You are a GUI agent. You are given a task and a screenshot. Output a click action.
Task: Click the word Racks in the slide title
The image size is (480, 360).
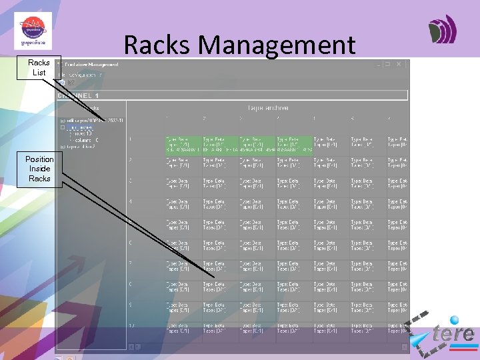[x=157, y=45]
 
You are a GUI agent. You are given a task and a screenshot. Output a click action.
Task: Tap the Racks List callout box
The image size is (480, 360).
[x=39, y=67]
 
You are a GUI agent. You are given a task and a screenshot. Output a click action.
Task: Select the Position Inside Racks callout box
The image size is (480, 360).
[x=39, y=169]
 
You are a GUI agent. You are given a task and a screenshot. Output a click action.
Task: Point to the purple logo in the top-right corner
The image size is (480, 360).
[x=443, y=29]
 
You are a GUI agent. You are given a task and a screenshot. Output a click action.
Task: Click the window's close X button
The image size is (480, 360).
[x=399, y=65]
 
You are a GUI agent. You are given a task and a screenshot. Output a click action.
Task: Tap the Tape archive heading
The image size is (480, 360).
[x=268, y=107]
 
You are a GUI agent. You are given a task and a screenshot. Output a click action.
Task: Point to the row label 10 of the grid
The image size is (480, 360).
[x=131, y=326]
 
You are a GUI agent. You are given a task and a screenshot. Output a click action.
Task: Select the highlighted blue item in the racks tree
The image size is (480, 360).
[x=79, y=127]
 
